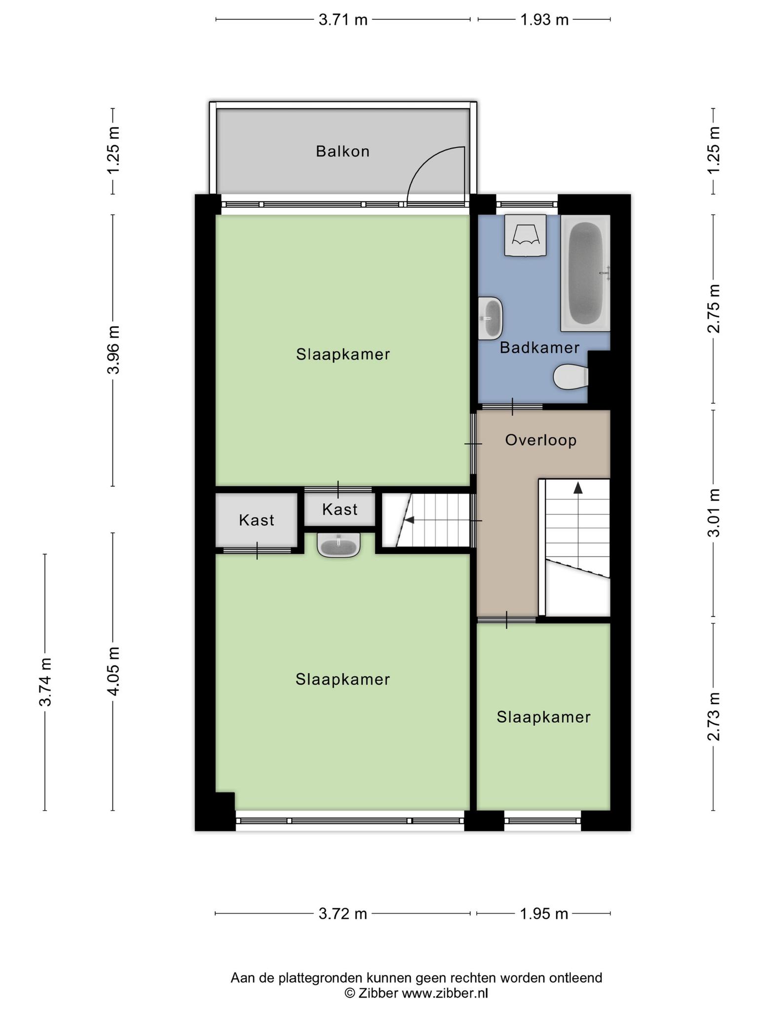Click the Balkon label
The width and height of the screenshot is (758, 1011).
pos(342,151)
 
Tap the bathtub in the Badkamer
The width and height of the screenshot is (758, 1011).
pos(586,273)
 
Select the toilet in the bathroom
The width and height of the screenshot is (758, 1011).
pos(571,377)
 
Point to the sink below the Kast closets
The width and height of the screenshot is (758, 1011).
pos(339,545)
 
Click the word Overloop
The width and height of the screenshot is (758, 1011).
pos(541,440)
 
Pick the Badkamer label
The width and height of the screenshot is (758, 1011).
pos(539,348)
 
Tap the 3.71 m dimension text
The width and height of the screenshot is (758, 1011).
pos(343,20)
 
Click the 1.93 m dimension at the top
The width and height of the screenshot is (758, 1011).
pos(544,20)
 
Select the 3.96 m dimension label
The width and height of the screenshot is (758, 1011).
pos(114,350)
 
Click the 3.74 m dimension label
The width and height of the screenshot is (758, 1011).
pos(45,682)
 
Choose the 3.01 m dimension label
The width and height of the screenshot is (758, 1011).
pos(714,513)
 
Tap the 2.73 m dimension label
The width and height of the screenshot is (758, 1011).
pos(714,717)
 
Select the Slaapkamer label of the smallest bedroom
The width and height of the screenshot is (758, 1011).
pos(543,717)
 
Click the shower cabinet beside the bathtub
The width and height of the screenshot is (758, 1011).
pos(525,235)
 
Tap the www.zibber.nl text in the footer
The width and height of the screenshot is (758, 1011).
pos(445,993)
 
